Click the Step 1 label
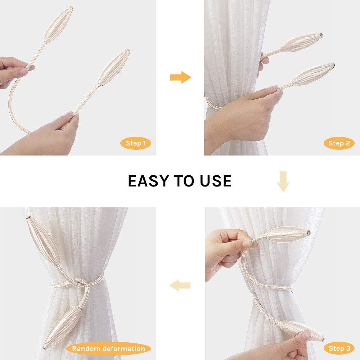tap(136, 143)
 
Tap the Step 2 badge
tap(339, 143)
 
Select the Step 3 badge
tap(339, 348)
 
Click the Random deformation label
tap(108, 348)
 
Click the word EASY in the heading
tap(149, 181)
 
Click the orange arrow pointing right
tap(180, 77)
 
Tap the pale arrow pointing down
tap(283, 181)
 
